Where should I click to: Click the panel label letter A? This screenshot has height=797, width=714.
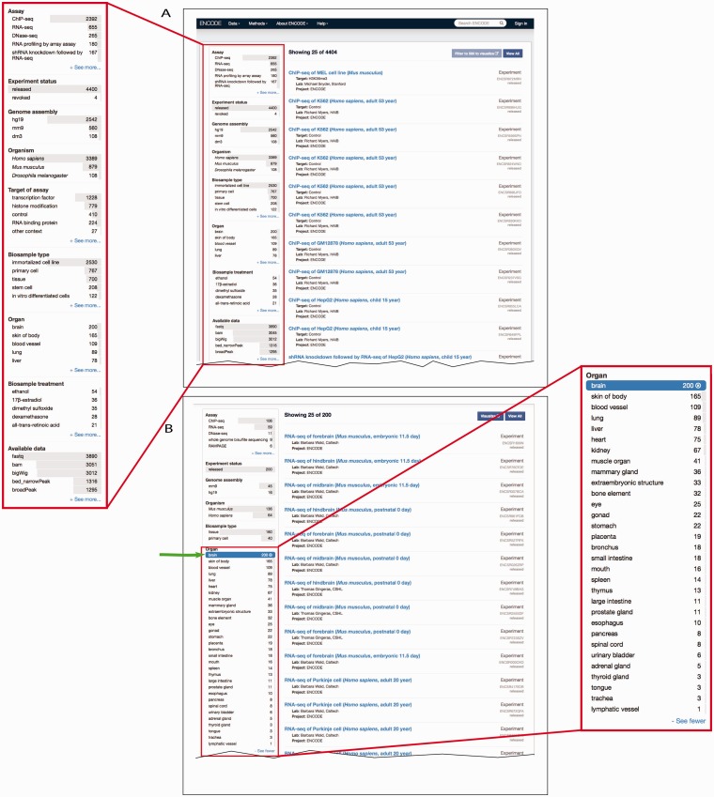(165, 13)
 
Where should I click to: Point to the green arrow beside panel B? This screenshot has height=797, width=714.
(184, 555)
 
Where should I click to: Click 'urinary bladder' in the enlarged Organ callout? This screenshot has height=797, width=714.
(615, 653)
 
